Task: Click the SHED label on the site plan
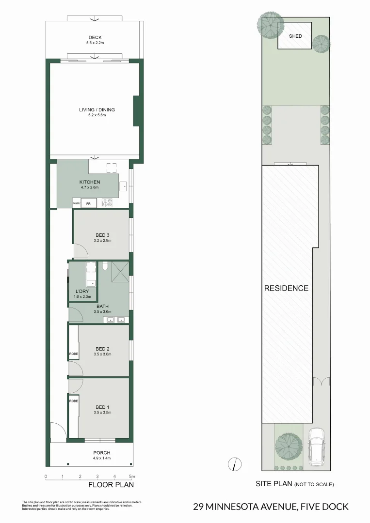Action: pyautogui.click(x=295, y=36)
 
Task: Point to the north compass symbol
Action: pyautogui.click(x=235, y=464)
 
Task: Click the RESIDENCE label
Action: pyautogui.click(x=286, y=288)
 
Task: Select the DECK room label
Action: pyautogui.click(x=95, y=37)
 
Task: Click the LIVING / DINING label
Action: pyautogui.click(x=97, y=110)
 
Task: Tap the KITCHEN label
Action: pyautogui.click(x=90, y=182)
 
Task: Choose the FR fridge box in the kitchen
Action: pyautogui.click(x=88, y=204)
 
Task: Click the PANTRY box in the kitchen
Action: pyautogui.click(x=76, y=204)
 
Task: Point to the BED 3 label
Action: pyautogui.click(x=102, y=235)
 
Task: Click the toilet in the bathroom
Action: pyautogui.click(x=105, y=265)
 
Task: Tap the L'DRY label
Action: pyautogui.click(x=81, y=292)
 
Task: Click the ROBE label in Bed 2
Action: pyautogui.click(x=73, y=354)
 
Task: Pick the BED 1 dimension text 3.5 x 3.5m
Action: pyautogui.click(x=102, y=413)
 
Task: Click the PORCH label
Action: pyautogui.click(x=102, y=453)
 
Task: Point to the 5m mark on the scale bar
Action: pyautogui.click(x=131, y=477)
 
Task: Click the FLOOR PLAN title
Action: pyautogui.click(x=111, y=485)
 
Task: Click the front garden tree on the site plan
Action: pyautogui.click(x=286, y=444)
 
